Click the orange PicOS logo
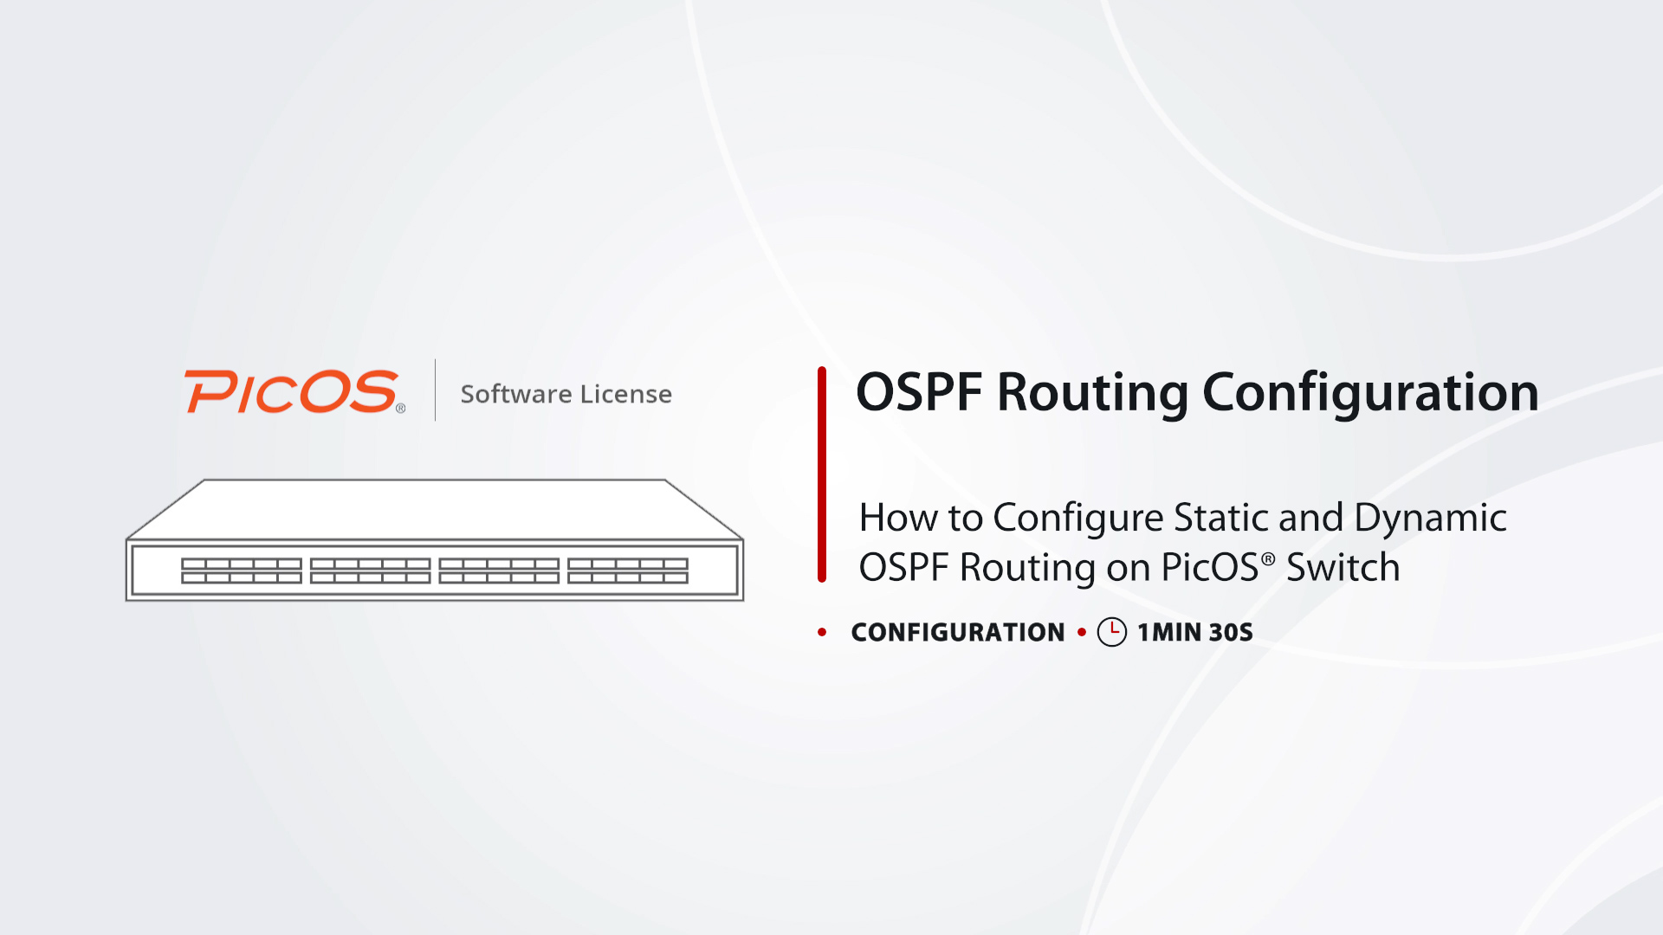pyautogui.click(x=294, y=392)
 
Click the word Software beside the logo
pyautogui.click(x=516, y=394)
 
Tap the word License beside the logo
pyautogui.click(x=626, y=394)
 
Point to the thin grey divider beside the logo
pyautogui.click(x=435, y=390)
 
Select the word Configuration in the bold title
pyautogui.click(x=1371, y=394)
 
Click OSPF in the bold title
pyautogui.click(x=919, y=392)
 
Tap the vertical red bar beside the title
pyautogui.click(x=822, y=474)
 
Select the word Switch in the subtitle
pyautogui.click(x=1343, y=568)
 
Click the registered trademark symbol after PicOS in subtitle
pyautogui.click(x=1268, y=559)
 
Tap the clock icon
pyautogui.click(x=1112, y=632)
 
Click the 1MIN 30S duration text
pyautogui.click(x=1195, y=633)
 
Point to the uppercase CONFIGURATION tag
pyautogui.click(x=958, y=633)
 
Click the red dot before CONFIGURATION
pyautogui.click(x=822, y=633)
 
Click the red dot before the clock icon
pyautogui.click(x=1082, y=633)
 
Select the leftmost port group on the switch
pyautogui.click(x=242, y=571)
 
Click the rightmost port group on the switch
pyautogui.click(x=628, y=571)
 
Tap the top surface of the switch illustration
pyautogui.click(x=435, y=510)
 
